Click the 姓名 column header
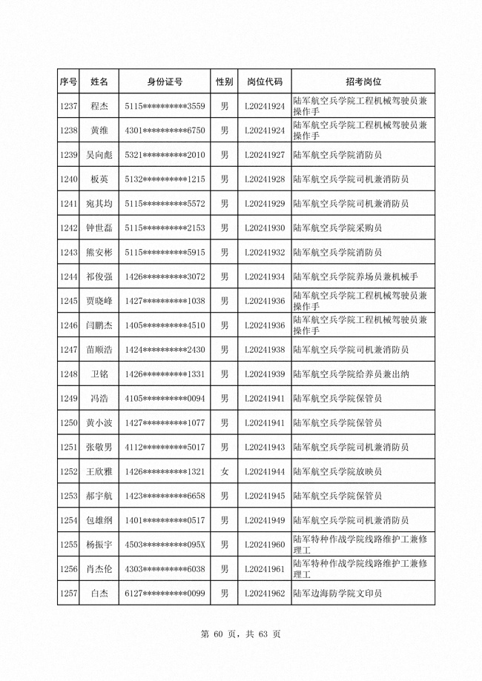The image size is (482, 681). tap(99, 81)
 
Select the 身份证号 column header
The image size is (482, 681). tap(165, 81)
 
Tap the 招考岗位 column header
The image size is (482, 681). tap(363, 81)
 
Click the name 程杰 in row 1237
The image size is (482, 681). tap(99, 106)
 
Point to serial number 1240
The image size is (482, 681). tap(68, 179)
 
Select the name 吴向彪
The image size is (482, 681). tap(99, 155)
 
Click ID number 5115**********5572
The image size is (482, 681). tap(165, 204)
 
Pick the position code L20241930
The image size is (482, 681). tap(264, 228)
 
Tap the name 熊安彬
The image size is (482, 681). tap(99, 253)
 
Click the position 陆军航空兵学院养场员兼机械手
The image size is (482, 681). tap(356, 277)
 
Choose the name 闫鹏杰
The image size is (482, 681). tap(99, 325)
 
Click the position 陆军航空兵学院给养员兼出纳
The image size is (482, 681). tap(351, 374)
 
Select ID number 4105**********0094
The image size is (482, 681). tap(165, 399)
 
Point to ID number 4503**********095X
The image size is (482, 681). tap(165, 545)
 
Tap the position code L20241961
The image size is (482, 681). tap(264, 569)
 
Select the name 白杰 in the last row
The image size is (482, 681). tap(99, 594)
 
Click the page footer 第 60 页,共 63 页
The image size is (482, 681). tap(240, 634)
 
